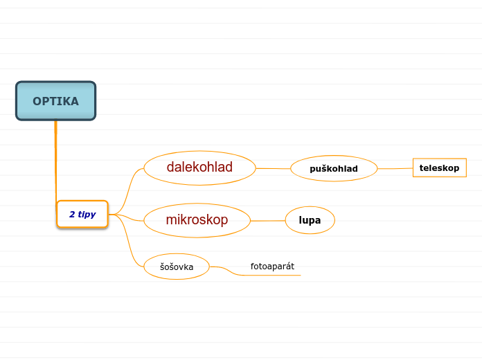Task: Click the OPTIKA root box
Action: (x=55, y=101)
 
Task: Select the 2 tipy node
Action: (x=82, y=215)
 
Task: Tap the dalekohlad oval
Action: (x=199, y=168)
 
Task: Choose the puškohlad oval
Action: (x=334, y=168)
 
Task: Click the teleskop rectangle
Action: (x=439, y=168)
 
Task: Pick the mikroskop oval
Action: (x=197, y=220)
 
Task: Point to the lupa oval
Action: (x=310, y=220)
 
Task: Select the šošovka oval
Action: (x=177, y=267)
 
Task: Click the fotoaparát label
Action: (x=267, y=266)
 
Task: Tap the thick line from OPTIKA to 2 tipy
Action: (x=55, y=159)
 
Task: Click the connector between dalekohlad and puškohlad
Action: (x=274, y=168)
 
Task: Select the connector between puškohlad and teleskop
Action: (x=395, y=168)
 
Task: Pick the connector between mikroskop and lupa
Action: (x=267, y=221)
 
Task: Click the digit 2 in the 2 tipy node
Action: (x=72, y=215)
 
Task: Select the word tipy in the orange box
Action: (x=87, y=215)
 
